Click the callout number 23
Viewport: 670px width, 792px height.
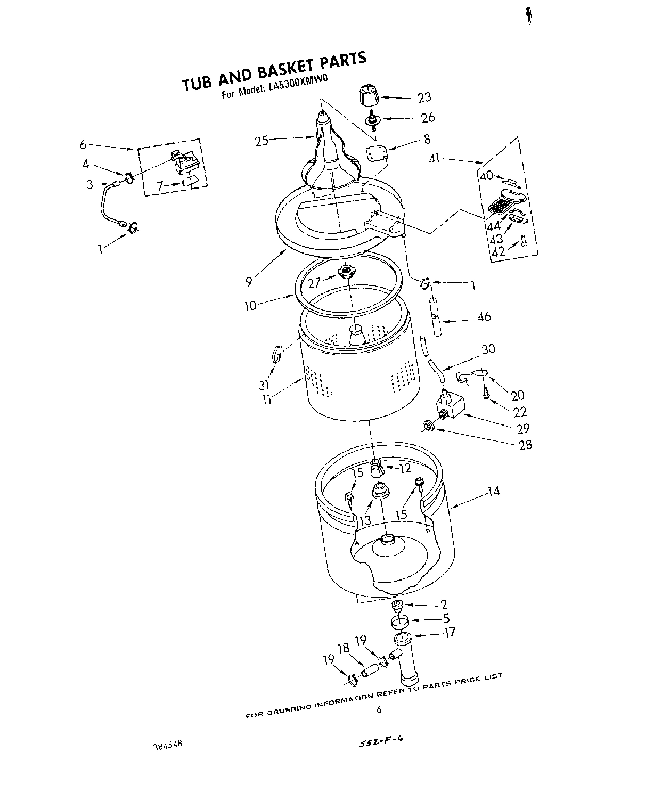[424, 97]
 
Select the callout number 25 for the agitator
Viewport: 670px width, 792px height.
[261, 141]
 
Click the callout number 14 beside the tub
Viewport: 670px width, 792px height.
[493, 491]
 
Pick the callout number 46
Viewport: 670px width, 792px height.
[484, 317]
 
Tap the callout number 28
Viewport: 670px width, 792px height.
[525, 445]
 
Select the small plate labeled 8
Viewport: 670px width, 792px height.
[377, 154]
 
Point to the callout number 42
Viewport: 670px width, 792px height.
[498, 251]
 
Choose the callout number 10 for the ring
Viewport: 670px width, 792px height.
[250, 306]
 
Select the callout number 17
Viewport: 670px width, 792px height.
[450, 633]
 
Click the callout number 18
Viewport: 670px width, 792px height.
[344, 648]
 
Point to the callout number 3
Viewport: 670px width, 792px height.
[90, 185]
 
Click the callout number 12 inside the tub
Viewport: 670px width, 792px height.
[405, 469]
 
